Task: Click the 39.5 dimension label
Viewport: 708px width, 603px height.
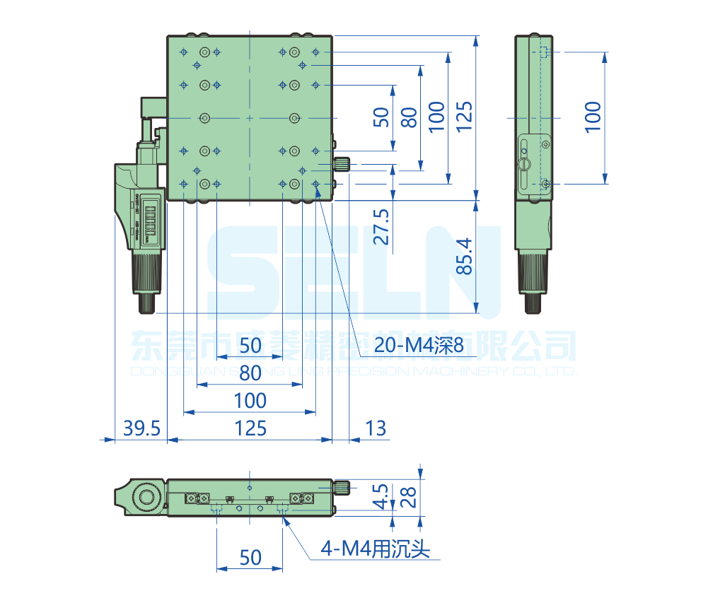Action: (142, 428)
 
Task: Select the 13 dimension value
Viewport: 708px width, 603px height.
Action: (376, 428)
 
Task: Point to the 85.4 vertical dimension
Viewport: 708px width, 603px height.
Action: (463, 256)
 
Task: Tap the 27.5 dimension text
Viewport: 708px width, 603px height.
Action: (382, 226)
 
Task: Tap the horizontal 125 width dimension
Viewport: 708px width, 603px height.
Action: (250, 428)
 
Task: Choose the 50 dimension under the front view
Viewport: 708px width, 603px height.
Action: (250, 558)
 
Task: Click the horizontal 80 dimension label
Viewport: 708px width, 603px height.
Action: (250, 373)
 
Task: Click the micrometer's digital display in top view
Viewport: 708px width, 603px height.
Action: (149, 220)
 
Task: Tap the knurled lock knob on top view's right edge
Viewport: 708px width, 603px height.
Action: (342, 165)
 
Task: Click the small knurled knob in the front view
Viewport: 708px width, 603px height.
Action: (342, 487)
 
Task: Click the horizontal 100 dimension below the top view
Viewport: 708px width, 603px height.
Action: (250, 401)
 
